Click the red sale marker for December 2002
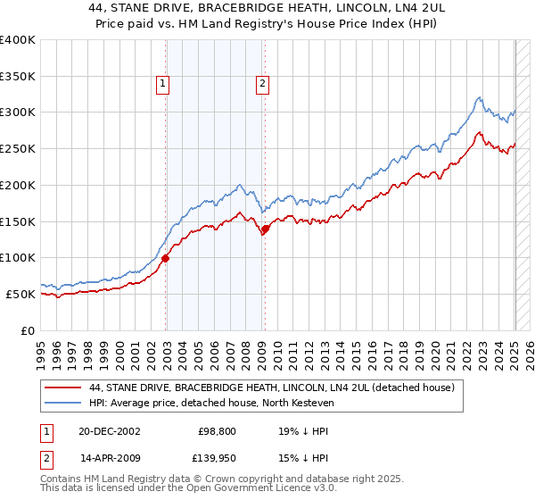coord(166,259)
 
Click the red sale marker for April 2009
coord(265,229)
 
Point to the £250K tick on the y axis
coord(18,148)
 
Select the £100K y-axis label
coord(18,257)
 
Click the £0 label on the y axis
coord(29,330)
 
